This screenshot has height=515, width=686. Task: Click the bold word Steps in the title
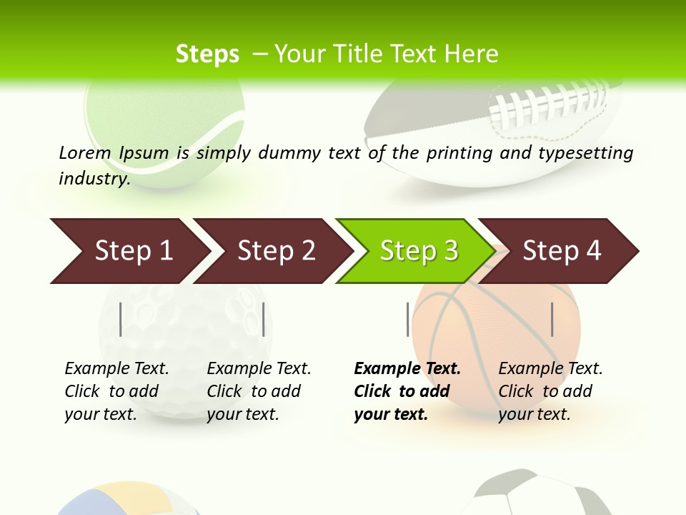point(207,54)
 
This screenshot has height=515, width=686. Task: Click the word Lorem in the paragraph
point(85,152)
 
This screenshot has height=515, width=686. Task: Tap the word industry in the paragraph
point(94,178)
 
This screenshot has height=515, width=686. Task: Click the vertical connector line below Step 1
point(121,319)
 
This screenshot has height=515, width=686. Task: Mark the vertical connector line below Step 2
point(264,319)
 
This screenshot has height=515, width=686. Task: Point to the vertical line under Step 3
point(408,319)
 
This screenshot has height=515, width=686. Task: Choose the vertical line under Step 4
point(552,319)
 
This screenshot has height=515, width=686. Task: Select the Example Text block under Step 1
point(116,391)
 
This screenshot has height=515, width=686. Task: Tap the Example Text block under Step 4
point(550,391)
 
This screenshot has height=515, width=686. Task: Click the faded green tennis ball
point(164,122)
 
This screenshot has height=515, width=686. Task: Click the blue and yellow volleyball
point(129,501)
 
